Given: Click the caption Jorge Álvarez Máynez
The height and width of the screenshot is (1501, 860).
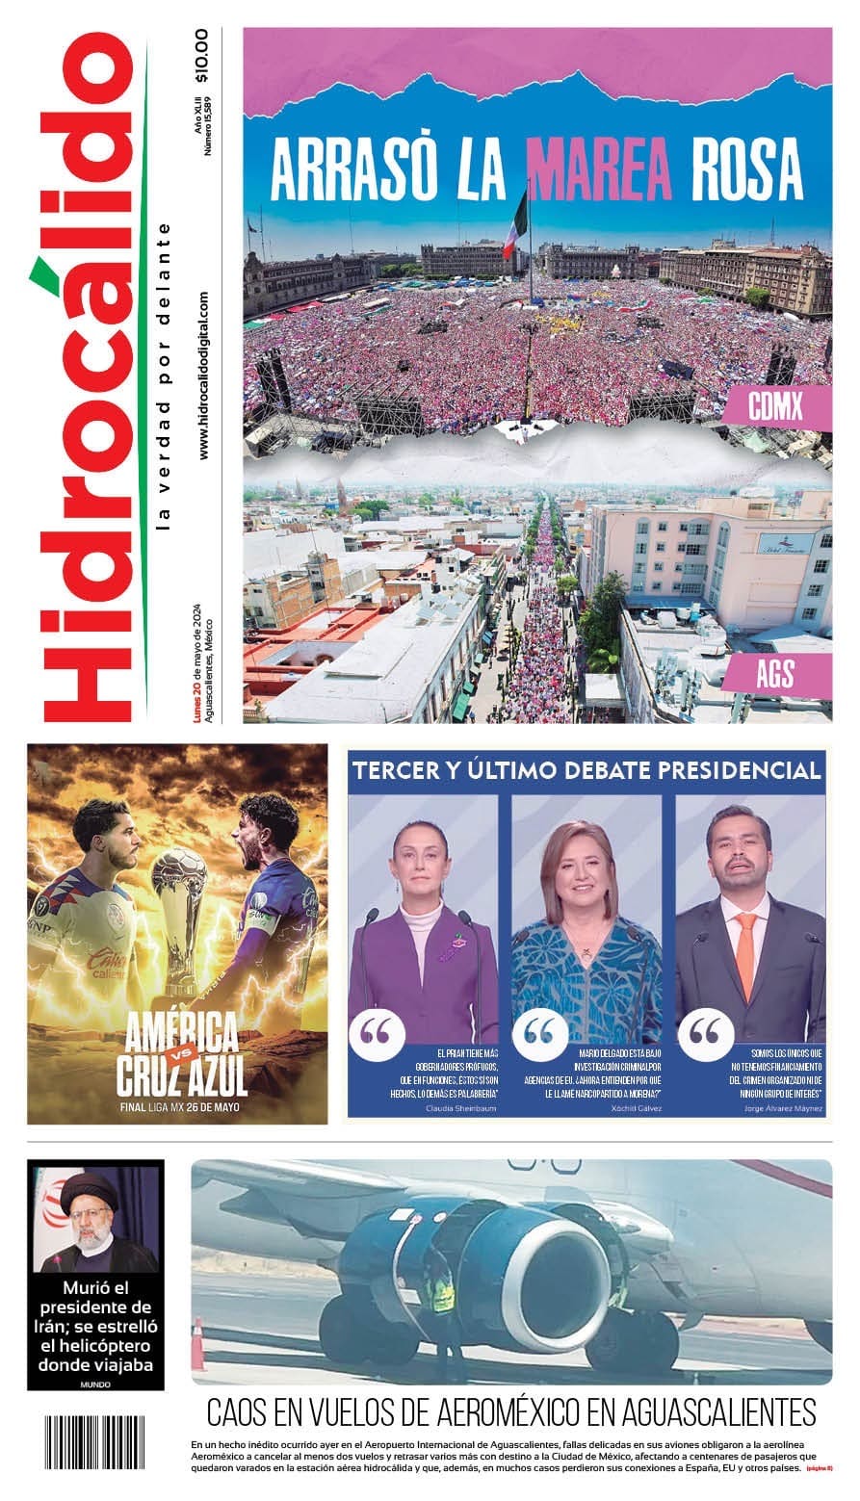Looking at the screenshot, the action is [784, 1108].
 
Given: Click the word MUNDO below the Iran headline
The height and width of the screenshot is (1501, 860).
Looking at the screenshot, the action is [95, 1385].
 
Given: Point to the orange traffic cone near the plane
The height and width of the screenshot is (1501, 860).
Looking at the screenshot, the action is [197, 1345].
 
